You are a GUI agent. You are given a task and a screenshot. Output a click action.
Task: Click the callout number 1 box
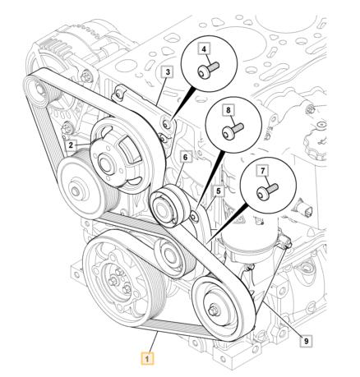point(147,359)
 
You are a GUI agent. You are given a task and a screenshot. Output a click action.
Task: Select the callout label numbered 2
point(71,145)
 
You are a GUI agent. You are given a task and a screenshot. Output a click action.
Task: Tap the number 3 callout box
point(168,72)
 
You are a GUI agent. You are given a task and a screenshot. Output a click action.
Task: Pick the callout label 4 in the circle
point(204,49)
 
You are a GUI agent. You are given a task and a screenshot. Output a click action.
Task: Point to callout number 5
point(219,191)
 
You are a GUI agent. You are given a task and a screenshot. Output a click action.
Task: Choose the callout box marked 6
point(186,158)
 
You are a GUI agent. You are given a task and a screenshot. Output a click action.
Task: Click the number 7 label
point(263,172)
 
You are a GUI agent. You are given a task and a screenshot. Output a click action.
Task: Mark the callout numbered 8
point(228,110)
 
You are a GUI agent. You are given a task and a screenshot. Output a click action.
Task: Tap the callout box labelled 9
point(307,341)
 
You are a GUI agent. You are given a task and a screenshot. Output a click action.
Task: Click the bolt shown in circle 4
point(208,69)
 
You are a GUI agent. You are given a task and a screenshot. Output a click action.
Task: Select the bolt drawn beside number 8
point(233,131)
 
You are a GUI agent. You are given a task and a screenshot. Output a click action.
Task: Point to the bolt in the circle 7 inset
point(267,191)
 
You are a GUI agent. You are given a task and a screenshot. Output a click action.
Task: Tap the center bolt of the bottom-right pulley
point(214,310)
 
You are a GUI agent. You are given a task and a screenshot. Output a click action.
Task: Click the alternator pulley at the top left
point(39,90)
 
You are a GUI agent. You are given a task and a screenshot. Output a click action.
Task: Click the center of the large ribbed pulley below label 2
point(76,190)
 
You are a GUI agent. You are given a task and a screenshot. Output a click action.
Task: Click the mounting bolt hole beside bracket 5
point(194,217)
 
